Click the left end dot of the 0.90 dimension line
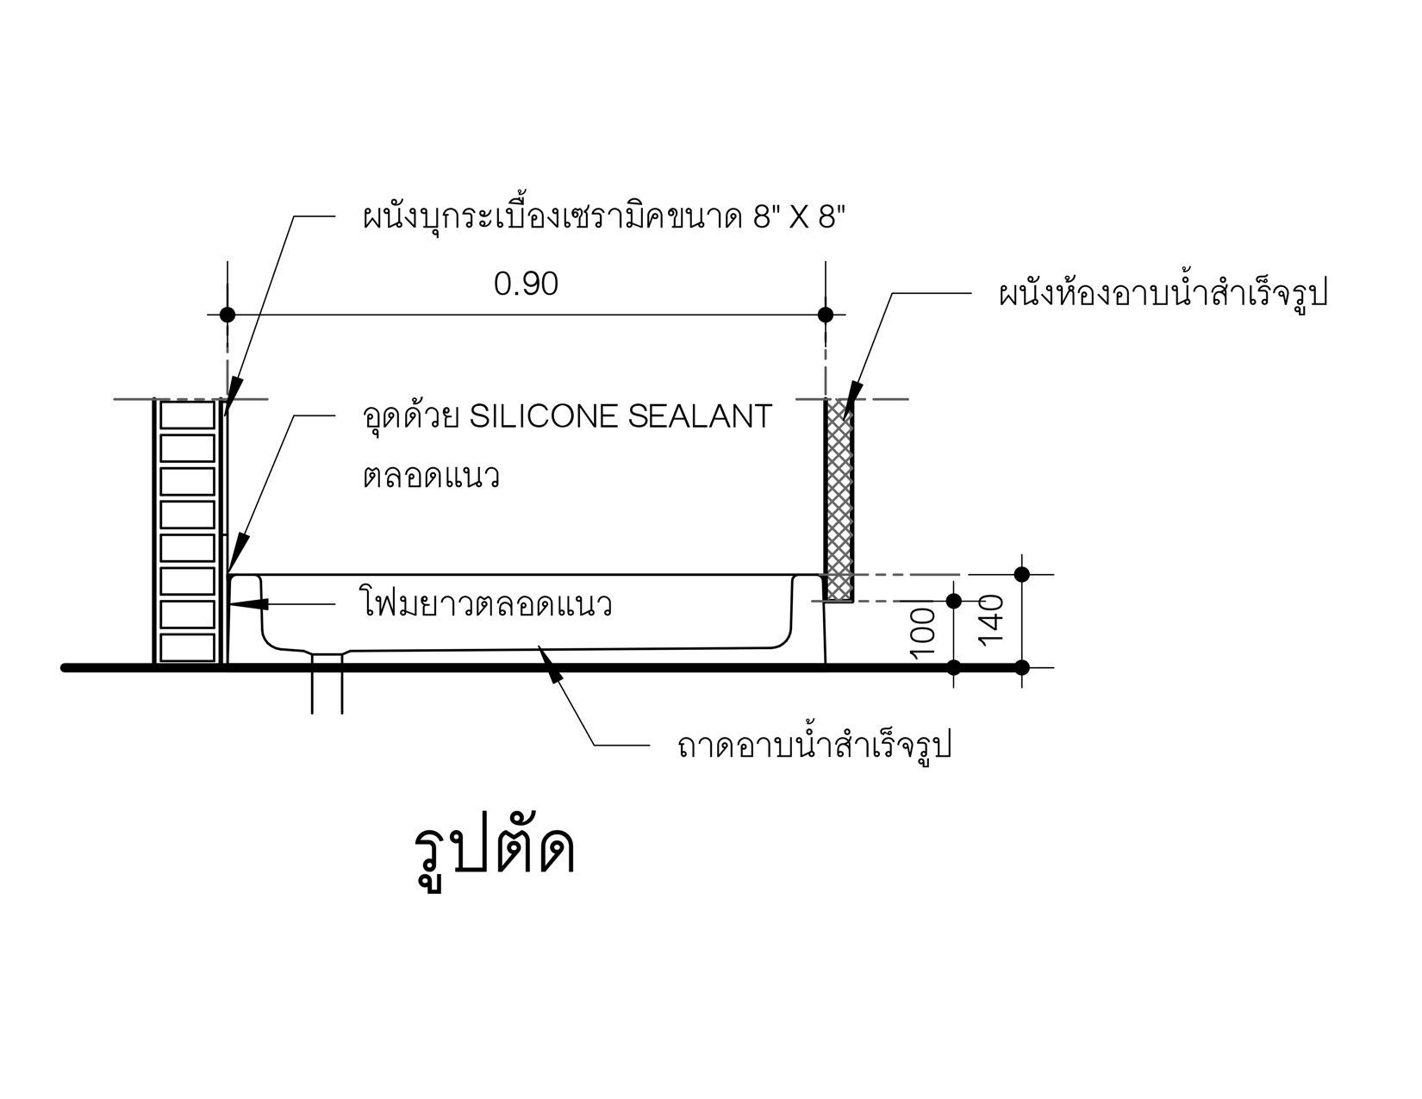(x=227, y=315)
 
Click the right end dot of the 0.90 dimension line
(x=826, y=315)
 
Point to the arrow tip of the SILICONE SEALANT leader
(x=229, y=571)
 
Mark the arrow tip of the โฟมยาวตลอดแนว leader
(x=231, y=603)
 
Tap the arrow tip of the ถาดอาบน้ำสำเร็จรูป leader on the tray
(x=539, y=646)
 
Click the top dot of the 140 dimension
(x=1021, y=575)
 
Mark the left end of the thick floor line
(x=64, y=668)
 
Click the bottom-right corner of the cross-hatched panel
(x=852, y=602)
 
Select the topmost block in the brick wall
(x=187, y=415)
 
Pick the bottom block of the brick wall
(x=187, y=647)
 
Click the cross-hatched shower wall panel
(x=839, y=500)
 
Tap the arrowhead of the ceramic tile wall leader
(x=226, y=415)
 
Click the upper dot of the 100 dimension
(x=953, y=601)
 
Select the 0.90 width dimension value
(x=526, y=284)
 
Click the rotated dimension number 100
(x=923, y=633)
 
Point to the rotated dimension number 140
(x=991, y=621)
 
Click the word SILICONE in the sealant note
(x=543, y=416)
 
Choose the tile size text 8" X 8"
(x=799, y=216)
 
